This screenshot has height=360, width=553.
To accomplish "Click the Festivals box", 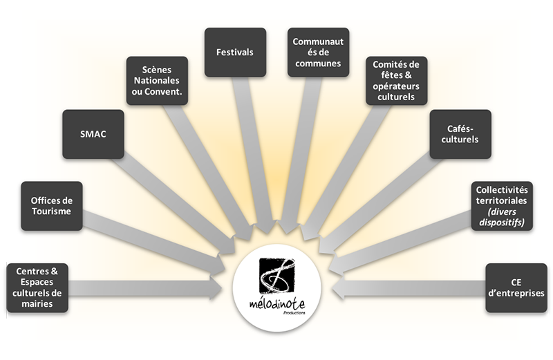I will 235,52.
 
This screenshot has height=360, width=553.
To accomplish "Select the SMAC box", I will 93,134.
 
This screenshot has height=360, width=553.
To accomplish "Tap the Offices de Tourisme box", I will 51,206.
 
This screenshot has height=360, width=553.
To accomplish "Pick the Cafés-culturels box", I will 459,134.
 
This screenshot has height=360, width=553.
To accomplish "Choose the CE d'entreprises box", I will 516,287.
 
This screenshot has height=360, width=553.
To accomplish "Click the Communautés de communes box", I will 318,52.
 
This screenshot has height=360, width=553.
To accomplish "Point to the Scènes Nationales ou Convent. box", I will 156,80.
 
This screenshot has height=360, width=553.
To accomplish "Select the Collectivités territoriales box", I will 502,206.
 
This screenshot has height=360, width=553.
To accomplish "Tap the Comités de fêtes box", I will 397,80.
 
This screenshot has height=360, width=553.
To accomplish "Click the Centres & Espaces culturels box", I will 37,287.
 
